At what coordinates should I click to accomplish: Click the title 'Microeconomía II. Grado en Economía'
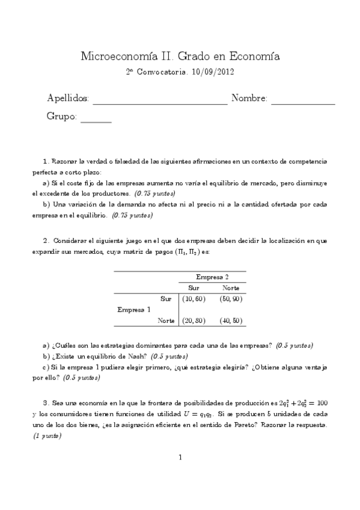pos(180,57)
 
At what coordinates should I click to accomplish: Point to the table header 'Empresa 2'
pos(212,277)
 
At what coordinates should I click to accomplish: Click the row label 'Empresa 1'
pos(134,310)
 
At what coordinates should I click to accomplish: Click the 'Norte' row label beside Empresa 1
pos(166,321)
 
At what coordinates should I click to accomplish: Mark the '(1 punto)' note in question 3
pos(47,435)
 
